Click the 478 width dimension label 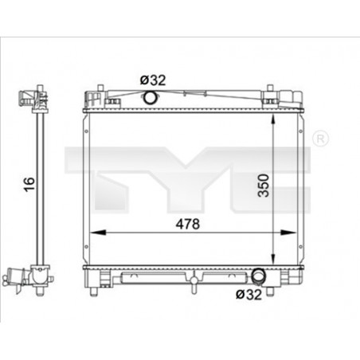coord(188,224)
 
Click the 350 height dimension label coord(264,186)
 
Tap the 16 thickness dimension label coord(29,184)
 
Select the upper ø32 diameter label coord(153,80)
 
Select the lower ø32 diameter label coord(248,294)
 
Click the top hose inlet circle coord(150,98)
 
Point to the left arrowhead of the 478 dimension coord(99,233)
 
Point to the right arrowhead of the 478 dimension coord(288,233)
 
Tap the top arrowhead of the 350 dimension coord(273,122)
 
